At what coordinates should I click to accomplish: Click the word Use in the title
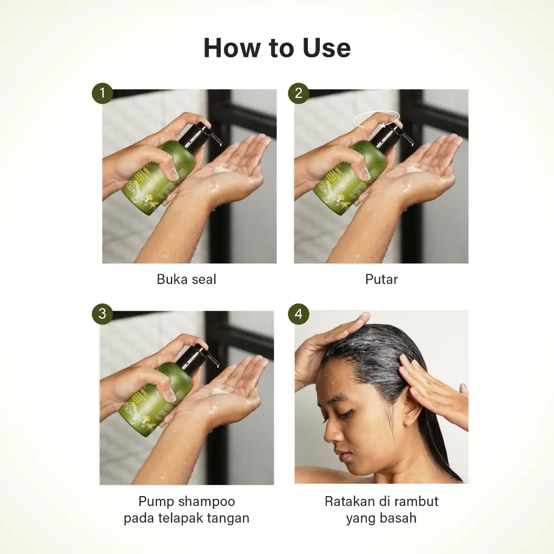pos(326,48)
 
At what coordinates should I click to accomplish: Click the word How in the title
pos(232,48)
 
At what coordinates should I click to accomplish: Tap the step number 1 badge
pos(102,93)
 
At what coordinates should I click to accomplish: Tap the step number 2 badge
pos(299,93)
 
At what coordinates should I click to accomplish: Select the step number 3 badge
pos(102,314)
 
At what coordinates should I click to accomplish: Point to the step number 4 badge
pos(299,314)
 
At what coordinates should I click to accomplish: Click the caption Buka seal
pos(186,279)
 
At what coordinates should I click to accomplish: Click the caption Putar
pos(381,279)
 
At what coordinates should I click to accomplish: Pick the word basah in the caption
pos(398,518)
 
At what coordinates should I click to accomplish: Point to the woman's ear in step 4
pos(410,406)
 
